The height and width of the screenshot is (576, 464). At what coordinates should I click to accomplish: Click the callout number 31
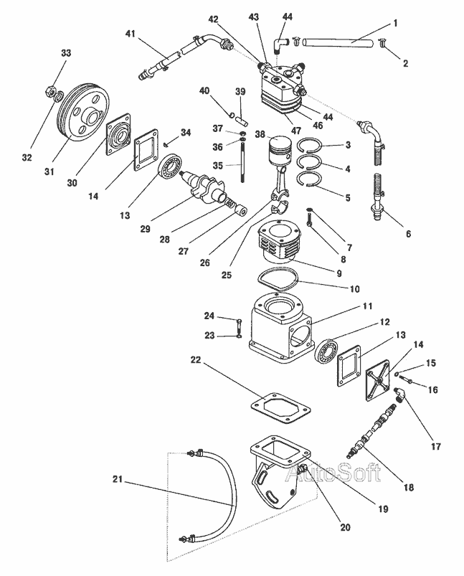pos(49,171)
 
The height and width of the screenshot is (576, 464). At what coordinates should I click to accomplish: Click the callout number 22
pos(196,359)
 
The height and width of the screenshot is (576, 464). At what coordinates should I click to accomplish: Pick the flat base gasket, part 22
pos(280,407)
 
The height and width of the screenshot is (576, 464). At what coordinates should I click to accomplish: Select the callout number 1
pos(396,24)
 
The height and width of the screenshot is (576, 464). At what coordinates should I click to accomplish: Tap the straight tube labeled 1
pos(338,42)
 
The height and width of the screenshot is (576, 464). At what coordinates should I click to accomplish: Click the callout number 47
pos(296,130)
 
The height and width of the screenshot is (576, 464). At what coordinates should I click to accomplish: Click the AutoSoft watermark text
pos(333,473)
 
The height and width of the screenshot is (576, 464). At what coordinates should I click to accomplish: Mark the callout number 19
pos(383,509)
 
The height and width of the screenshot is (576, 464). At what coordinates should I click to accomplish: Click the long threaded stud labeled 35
pos(243,161)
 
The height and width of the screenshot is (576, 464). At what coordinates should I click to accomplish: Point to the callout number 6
pos(408,234)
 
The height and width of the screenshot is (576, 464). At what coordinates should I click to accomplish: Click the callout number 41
pos(131,34)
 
